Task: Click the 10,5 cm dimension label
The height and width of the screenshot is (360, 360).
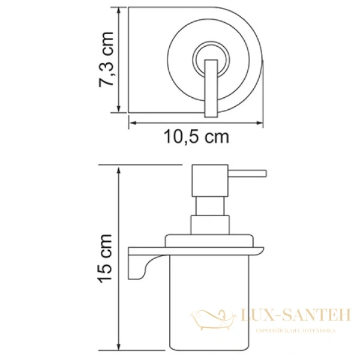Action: (x=197, y=137)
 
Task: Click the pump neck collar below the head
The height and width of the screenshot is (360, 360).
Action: (x=208, y=225)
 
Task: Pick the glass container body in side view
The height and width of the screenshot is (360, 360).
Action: (x=210, y=300)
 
